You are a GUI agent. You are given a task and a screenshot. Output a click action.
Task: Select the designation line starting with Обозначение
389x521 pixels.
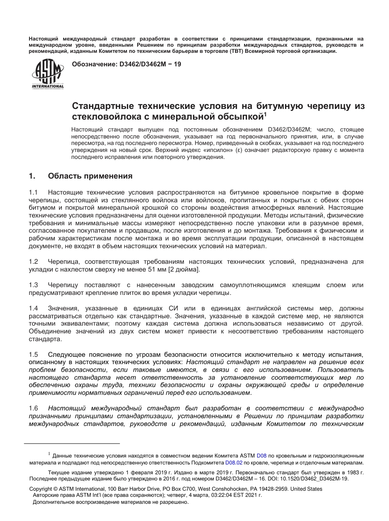click(126, 64)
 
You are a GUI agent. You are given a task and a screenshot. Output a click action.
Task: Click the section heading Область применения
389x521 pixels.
click(90, 176)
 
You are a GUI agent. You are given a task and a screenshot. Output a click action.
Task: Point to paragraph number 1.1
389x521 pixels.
click(33, 193)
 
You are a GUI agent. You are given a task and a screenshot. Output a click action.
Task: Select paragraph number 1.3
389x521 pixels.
click(33, 285)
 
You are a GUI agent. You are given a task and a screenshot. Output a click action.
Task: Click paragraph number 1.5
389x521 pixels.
click(33, 354)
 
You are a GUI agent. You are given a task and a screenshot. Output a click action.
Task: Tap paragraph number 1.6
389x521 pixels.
click(33, 408)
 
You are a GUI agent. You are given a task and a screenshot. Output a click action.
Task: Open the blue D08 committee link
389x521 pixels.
click(261, 455)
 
